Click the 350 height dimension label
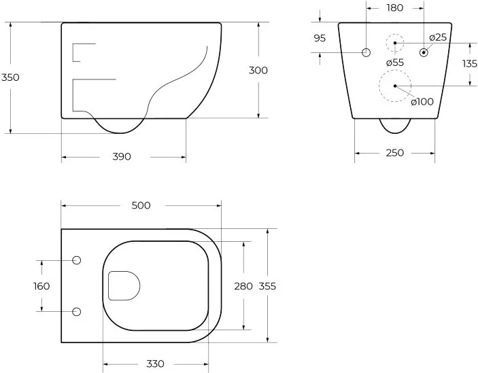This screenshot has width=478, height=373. tap(10, 77)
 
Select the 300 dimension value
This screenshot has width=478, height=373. tap(258, 71)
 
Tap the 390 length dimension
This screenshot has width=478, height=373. tap(122, 156)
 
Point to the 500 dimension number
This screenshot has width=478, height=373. tap(141, 206)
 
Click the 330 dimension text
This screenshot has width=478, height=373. tap(155, 363)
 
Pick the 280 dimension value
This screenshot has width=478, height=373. tap(243, 286)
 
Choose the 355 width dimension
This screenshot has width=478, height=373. tap(267, 286)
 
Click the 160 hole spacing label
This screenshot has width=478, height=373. tap(41, 286)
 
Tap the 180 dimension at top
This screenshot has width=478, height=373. tap(395, 8)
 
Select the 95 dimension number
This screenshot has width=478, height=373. tap(320, 38)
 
